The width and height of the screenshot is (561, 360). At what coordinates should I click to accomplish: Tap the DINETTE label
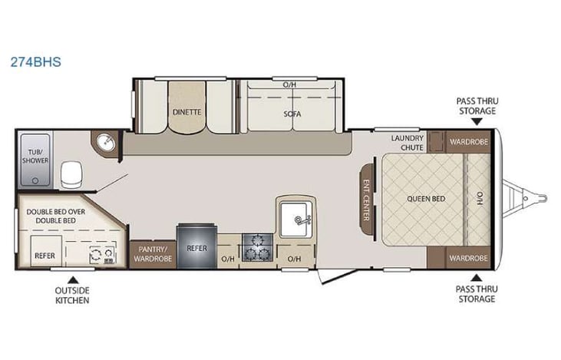point(186,112)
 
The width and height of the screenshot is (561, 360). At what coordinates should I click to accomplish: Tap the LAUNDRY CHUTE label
point(407,143)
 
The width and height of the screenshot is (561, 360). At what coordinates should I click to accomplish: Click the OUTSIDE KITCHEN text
point(72,295)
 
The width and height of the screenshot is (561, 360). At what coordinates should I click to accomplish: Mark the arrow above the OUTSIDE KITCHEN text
point(72,279)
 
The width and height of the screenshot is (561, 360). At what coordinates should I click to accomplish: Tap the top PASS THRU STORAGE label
point(476,105)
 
